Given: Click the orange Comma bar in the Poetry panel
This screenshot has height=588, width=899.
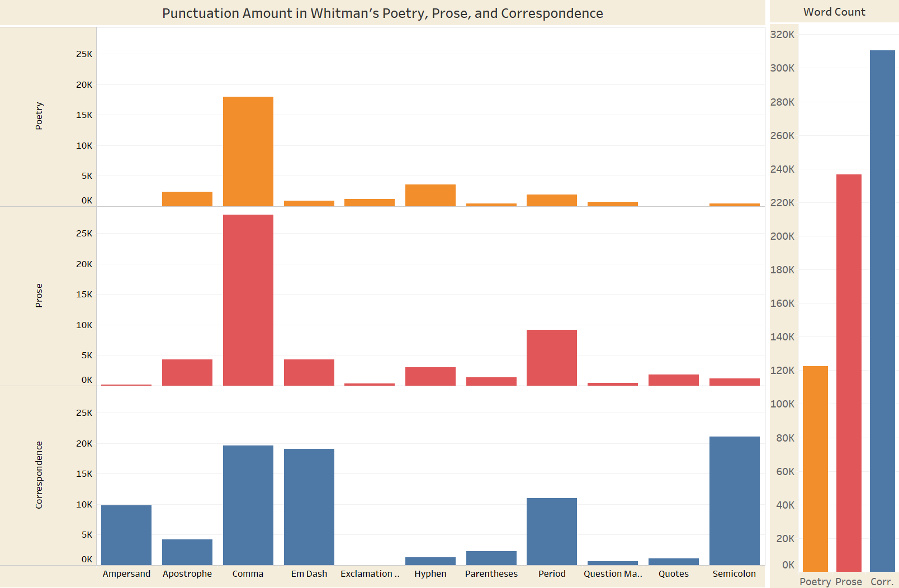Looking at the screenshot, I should tap(248, 151).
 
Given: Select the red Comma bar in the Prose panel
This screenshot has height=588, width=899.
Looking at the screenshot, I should tap(248, 300).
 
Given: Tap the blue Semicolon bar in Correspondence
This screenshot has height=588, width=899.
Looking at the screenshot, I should tap(734, 501).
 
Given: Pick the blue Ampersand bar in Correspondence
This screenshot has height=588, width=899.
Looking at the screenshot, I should tap(126, 535).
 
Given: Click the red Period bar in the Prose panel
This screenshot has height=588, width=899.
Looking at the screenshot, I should tap(552, 358).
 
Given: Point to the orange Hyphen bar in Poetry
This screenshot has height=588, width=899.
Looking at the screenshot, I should tap(430, 195).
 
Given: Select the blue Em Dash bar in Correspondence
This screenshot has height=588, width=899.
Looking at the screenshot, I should tap(309, 507).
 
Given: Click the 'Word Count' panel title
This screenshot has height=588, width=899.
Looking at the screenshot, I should tap(834, 12).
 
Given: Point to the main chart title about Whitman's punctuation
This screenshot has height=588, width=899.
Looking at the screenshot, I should tap(382, 13).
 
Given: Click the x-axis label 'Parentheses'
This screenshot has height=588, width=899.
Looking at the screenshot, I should tap(491, 573).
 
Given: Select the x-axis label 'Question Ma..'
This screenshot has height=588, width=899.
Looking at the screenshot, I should tap(613, 573).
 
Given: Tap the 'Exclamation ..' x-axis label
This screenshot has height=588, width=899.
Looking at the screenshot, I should tap(370, 573).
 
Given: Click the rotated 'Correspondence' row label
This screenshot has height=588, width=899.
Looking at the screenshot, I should tap(39, 475).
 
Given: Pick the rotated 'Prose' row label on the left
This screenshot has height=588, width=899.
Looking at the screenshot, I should tap(39, 295).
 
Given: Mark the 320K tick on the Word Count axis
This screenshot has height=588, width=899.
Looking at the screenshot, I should tap(782, 35).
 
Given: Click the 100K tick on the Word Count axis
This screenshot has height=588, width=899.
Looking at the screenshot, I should tap(782, 404).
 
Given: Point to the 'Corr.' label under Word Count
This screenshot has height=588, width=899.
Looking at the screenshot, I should tap(882, 582).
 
